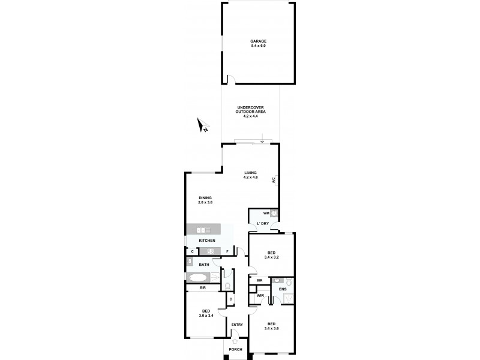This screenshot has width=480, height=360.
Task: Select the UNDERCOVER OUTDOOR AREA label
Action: click(x=251, y=112)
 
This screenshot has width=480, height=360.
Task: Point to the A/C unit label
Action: click(x=274, y=179)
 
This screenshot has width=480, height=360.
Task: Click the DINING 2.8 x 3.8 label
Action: click(x=205, y=200)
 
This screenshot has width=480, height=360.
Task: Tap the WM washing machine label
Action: click(x=266, y=213)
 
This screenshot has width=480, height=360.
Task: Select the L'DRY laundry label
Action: click(x=262, y=224)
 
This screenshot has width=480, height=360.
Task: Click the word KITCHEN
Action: click(x=207, y=241)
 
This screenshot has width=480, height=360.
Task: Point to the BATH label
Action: click(x=204, y=265)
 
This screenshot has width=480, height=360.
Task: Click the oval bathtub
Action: click(x=197, y=277)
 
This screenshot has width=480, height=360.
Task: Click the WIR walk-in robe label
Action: click(x=260, y=295)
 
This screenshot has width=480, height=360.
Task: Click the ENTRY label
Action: click(x=237, y=325)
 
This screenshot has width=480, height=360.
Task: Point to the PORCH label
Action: click(x=235, y=349)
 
